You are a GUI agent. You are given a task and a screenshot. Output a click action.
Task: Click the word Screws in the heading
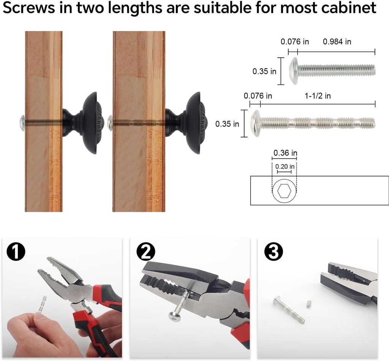click(29, 8)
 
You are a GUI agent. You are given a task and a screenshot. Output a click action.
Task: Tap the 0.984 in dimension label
click(337, 42)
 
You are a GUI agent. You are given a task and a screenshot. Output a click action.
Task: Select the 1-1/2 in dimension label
click(318, 96)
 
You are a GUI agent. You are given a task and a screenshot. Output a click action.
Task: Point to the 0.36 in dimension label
click(285, 153)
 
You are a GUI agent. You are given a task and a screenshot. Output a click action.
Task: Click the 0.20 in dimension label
click(285, 166)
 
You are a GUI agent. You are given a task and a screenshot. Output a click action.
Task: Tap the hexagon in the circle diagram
click(284, 191)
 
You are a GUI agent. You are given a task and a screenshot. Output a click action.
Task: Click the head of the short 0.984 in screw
click(294, 71)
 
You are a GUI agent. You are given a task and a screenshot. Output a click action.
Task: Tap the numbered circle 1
click(16, 252)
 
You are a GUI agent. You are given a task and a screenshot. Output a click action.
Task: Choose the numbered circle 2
click(146, 252)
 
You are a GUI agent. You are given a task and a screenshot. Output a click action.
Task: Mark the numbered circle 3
click(274, 252)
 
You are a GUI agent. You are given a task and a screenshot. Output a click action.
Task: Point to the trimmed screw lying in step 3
click(289, 310)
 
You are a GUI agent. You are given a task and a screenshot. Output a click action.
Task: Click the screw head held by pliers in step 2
click(174, 316)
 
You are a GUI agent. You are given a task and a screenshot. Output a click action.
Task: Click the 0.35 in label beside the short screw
click(264, 71)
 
